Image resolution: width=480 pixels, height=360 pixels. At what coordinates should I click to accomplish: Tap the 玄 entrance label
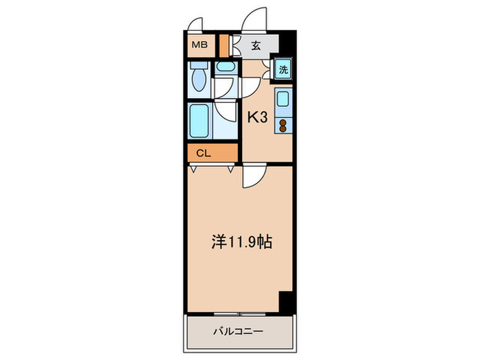tap(255, 46)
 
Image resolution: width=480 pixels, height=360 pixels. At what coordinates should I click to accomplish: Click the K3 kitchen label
tap(257, 117)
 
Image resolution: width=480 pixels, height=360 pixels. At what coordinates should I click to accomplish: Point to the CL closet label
tap(203, 153)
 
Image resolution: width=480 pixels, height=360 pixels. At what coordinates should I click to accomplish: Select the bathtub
tap(200, 122)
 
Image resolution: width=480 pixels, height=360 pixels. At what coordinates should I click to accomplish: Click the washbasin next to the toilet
tap(225, 68)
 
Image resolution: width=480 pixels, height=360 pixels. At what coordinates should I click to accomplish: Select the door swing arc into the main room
tap(251, 177)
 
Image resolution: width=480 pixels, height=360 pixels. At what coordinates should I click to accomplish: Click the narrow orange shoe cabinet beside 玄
tap(224, 46)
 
